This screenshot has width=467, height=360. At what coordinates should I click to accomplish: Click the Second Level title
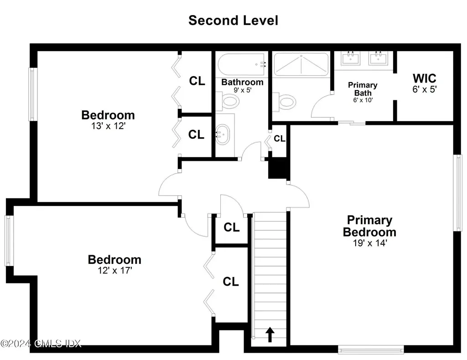point(233,21)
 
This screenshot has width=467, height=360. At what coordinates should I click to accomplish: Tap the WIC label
point(425,78)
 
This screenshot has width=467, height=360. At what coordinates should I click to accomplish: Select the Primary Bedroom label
point(369,226)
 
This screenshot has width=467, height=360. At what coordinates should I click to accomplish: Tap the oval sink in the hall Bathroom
point(222,135)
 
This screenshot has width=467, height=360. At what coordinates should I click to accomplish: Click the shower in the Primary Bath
point(301,64)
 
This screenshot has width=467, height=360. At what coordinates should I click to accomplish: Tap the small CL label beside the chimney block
point(280,139)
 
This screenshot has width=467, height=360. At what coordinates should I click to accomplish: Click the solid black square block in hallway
point(279,168)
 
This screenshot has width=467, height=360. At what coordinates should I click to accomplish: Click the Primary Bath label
point(363,89)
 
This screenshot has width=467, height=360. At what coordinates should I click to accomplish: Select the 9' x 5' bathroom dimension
point(242,91)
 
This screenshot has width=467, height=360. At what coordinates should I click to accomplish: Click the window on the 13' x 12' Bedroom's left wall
point(32,94)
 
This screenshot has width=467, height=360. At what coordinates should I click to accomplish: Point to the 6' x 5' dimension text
point(425,90)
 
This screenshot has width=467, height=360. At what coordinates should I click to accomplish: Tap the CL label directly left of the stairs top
point(231,227)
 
